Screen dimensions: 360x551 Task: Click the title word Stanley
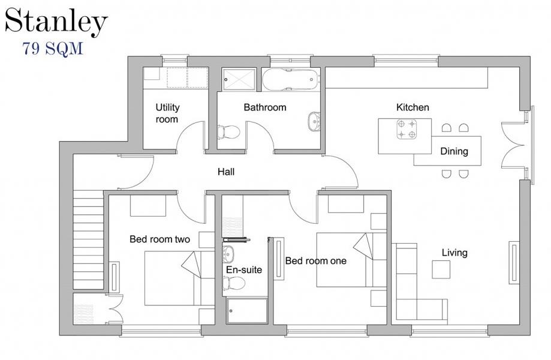click(56, 22)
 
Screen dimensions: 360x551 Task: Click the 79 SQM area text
click(53, 49)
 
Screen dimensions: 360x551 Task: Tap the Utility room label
click(167, 113)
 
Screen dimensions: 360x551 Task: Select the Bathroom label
click(264, 107)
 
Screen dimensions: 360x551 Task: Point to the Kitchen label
click(413, 107)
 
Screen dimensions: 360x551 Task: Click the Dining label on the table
click(454, 151)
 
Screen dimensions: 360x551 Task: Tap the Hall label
click(225, 172)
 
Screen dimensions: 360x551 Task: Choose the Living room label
click(454, 253)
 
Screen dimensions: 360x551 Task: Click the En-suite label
click(243, 270)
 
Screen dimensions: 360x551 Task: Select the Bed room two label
click(159, 239)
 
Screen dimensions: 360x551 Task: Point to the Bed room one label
click(315, 261)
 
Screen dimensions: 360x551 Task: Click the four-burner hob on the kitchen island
click(406, 129)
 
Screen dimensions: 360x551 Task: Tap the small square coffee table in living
click(441, 269)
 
